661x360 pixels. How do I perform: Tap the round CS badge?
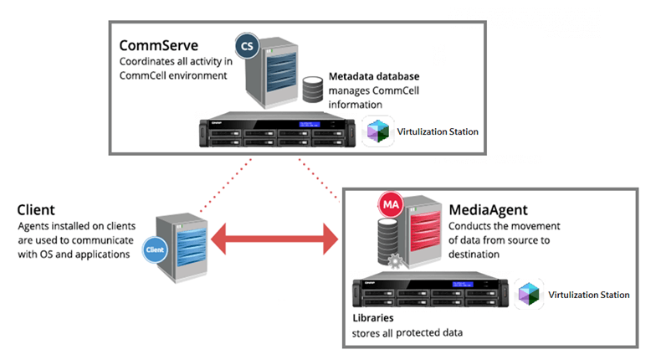click(247, 44)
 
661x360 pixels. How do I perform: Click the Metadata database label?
click(374, 76)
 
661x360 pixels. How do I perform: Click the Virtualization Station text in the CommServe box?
click(435, 132)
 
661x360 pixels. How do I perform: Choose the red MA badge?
click(390, 204)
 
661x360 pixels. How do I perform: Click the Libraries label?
click(373, 319)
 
